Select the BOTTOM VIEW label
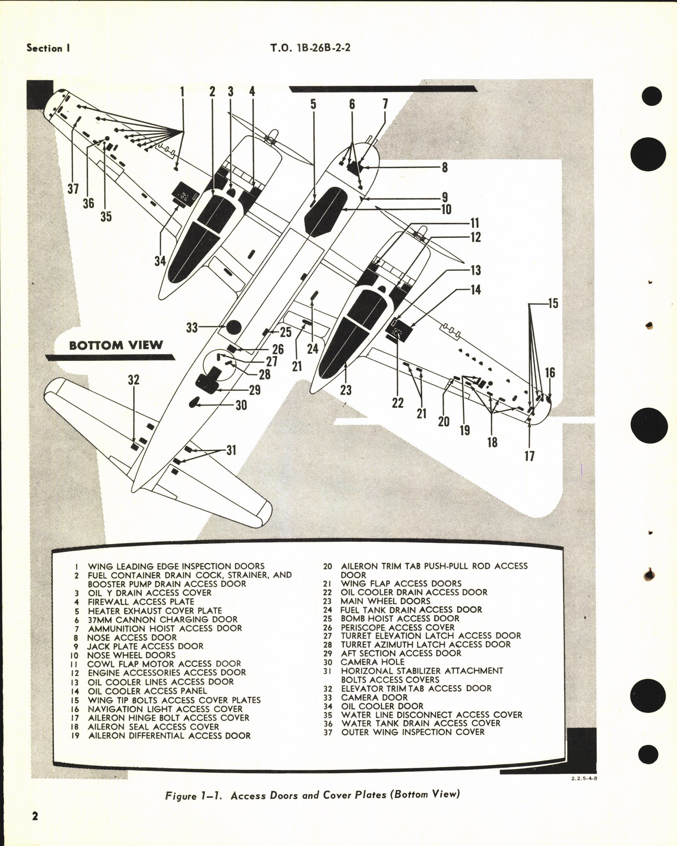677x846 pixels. tap(116, 345)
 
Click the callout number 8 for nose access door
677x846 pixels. tap(444, 168)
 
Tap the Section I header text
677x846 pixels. tap(48, 48)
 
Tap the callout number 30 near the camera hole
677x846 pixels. tap(241, 405)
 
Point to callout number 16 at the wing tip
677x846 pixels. tap(550, 373)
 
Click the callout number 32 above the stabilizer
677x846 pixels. tap(133, 380)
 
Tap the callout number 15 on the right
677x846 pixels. tap(553, 303)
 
